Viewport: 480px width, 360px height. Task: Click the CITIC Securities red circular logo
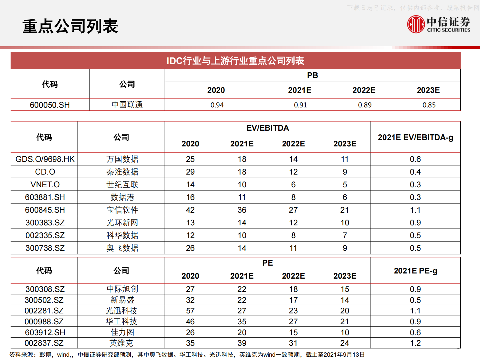416,24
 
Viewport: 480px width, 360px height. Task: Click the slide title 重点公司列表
70,26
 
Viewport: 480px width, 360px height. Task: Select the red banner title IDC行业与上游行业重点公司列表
235,61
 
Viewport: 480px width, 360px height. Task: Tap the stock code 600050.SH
50,105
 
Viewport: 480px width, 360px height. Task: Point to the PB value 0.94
217,105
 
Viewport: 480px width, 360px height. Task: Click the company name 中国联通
127,105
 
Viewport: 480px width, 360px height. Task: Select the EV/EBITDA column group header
268,128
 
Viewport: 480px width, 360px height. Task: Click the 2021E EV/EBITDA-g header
415,137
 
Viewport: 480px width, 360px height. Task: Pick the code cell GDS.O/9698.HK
45,159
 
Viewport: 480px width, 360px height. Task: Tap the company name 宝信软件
122,210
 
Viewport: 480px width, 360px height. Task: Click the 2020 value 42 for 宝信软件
190,210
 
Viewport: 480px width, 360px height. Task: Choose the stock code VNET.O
45,185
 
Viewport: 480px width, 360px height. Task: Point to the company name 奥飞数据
122,248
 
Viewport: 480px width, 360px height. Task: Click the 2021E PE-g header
415,271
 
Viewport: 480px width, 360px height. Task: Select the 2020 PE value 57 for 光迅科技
190,311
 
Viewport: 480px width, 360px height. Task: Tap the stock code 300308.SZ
45,289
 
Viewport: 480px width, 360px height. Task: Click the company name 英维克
121,343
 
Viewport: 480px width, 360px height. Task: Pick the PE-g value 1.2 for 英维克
415,343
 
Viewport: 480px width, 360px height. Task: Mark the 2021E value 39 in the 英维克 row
242,343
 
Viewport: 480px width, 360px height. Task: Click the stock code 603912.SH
45,332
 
